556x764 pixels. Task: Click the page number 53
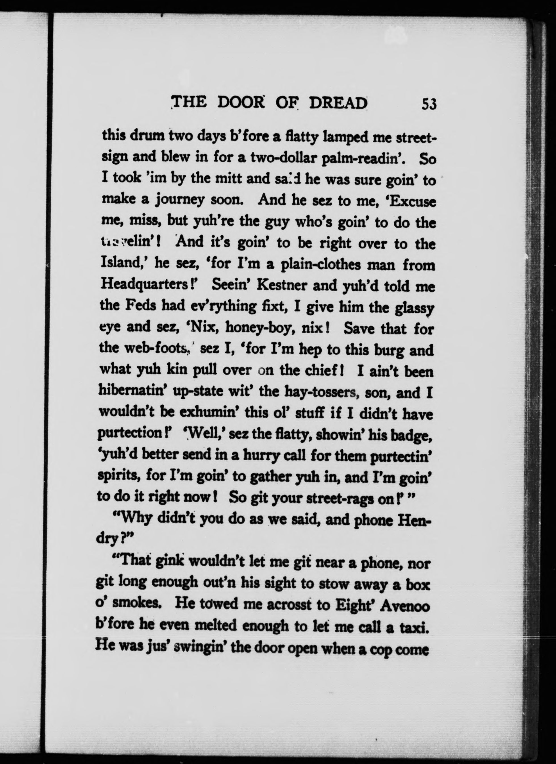(429, 104)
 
